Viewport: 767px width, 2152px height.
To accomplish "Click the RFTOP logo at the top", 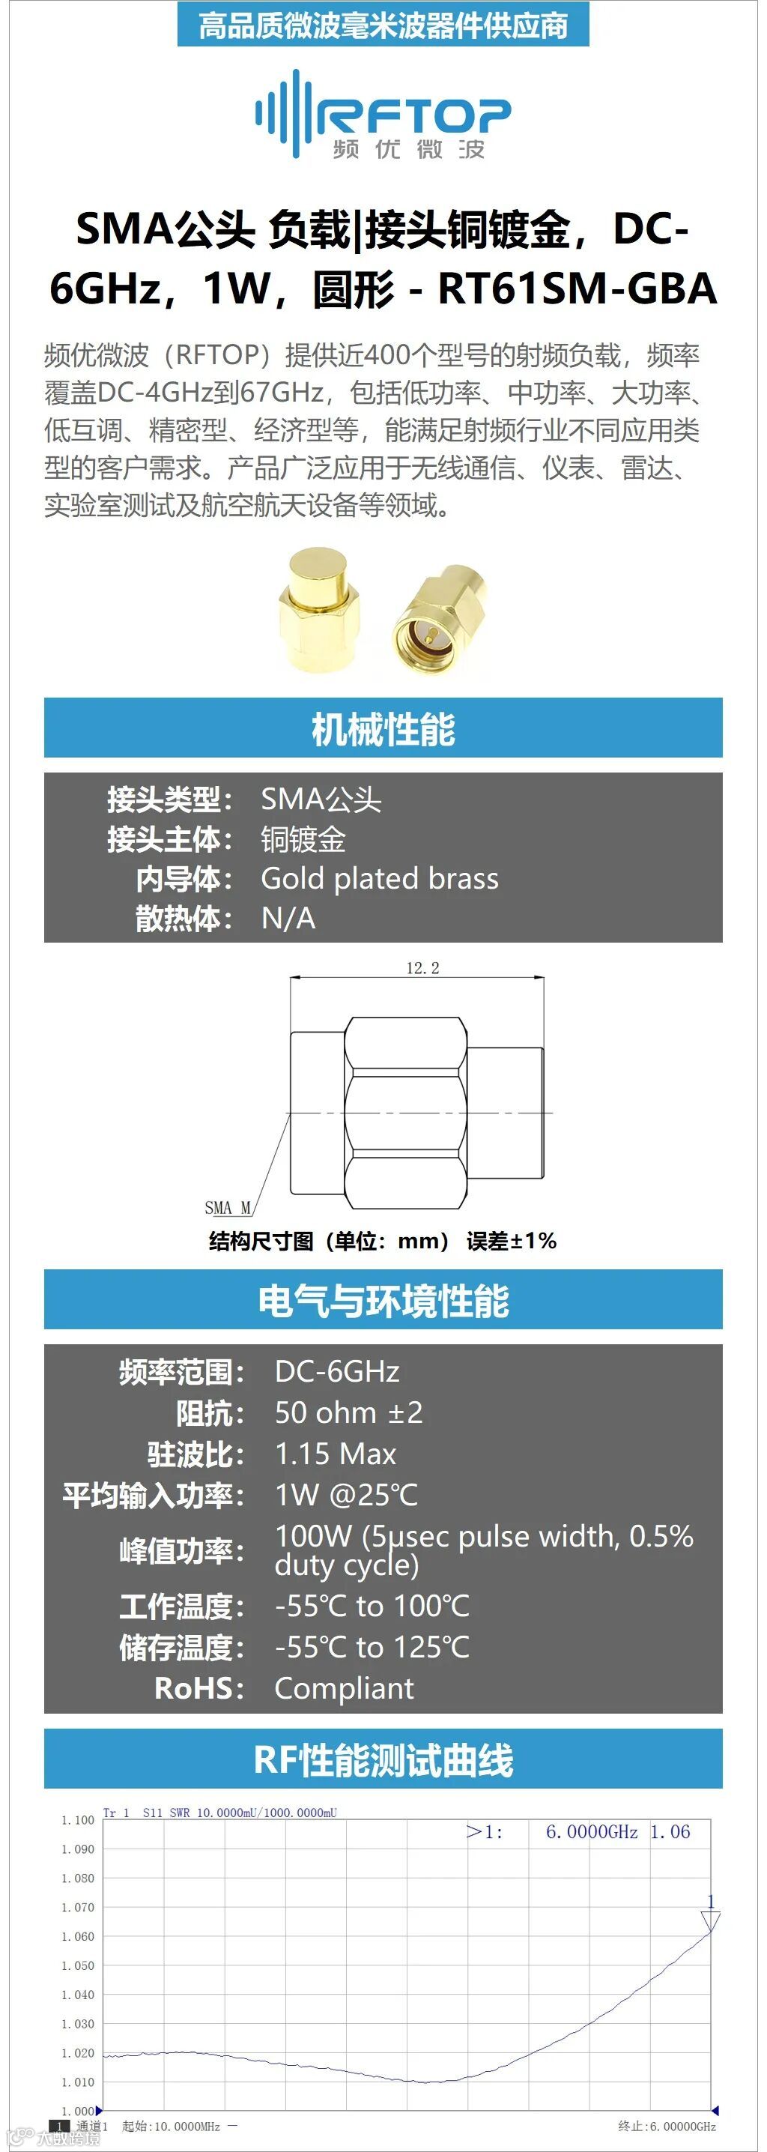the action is tap(383, 115).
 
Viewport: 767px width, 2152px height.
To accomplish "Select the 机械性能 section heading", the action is tap(383, 728).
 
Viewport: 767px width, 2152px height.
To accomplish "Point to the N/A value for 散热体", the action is tap(288, 919).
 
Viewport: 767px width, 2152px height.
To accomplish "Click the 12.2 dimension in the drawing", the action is tap(422, 968).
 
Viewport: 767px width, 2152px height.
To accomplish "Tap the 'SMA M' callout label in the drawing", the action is tap(227, 1208).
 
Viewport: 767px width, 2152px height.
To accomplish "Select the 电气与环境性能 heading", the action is tap(383, 1301).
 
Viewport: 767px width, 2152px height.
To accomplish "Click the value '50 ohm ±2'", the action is tap(348, 1413).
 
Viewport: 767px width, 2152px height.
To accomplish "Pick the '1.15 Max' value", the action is tap(335, 1454).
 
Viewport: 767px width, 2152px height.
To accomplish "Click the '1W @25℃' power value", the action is tap(346, 1496).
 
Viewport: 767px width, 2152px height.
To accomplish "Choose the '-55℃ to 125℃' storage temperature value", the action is tap(372, 1648).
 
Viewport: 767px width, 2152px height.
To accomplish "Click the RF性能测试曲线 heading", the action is tap(383, 1760).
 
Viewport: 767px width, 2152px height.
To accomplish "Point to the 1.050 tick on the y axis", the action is tap(78, 1965).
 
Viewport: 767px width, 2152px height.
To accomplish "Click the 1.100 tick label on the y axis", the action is tap(78, 1819).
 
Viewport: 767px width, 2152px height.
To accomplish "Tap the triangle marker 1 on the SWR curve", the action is tap(710, 1920).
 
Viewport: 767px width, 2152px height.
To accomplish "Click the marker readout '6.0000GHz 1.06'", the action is tap(617, 1832).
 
